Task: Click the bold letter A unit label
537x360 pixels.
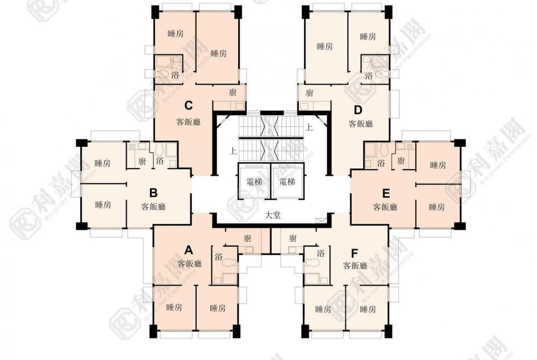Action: tap(188, 250)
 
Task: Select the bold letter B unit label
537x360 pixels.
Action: tap(154, 193)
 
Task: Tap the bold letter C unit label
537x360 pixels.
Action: tap(188, 106)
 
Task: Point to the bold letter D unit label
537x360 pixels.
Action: tap(358, 110)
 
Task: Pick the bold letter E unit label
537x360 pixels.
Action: tap(386, 193)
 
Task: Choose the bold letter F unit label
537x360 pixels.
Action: tap(354, 253)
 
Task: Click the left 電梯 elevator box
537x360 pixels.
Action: tap(254, 181)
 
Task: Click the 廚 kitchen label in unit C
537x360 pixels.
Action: tap(233, 93)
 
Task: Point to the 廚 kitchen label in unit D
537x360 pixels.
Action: tap(309, 93)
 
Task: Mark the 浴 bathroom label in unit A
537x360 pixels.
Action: tap(218, 257)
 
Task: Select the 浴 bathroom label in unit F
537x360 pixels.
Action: tap(320, 253)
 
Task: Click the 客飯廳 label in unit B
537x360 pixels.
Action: tap(153, 207)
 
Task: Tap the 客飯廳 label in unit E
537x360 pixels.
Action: tap(385, 207)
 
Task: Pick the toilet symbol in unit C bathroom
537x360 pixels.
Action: tap(162, 75)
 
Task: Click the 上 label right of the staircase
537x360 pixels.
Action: tap(309, 128)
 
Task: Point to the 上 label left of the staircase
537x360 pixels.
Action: tap(233, 150)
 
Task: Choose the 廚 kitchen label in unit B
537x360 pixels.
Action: tap(142, 161)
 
